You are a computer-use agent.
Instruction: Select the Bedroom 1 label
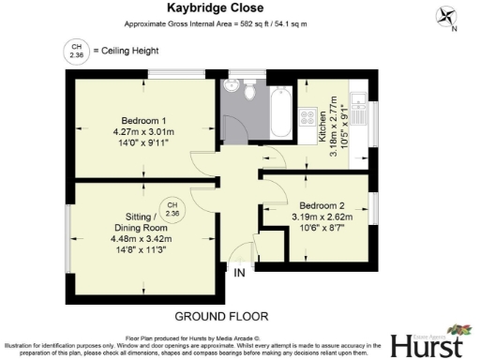pyautogui.click(x=143, y=119)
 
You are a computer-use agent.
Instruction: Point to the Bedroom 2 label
pyautogui.click(x=322, y=204)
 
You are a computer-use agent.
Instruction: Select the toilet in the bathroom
pyautogui.click(x=249, y=92)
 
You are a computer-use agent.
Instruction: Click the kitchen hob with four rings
pyautogui.click(x=308, y=117)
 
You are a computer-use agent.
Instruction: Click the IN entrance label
pyautogui.click(x=239, y=273)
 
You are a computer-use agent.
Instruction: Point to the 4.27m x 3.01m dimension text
pyautogui.click(x=143, y=131)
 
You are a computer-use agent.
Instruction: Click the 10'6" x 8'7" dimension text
pyautogui.click(x=322, y=228)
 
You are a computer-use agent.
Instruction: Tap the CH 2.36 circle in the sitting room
pyautogui.click(x=172, y=209)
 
